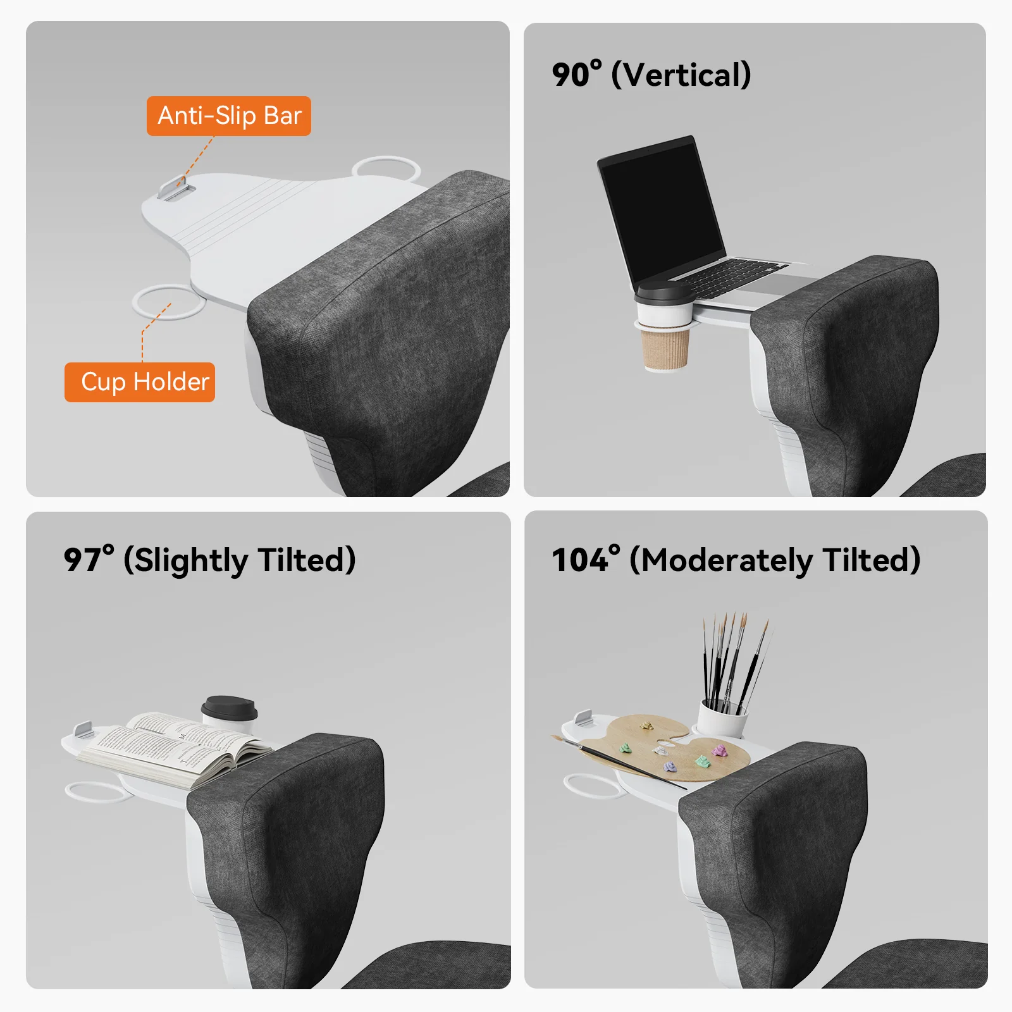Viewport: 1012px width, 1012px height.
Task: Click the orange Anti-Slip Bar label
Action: pyautogui.click(x=229, y=116)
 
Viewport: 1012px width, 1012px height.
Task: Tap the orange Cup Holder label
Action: pyautogui.click(x=140, y=382)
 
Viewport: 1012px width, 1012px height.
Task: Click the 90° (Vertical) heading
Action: pyautogui.click(x=651, y=75)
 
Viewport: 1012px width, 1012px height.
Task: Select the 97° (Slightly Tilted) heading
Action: pyautogui.click(x=209, y=560)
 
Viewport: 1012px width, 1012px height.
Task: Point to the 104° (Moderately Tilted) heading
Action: pyautogui.click(x=736, y=560)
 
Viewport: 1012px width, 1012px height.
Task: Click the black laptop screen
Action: pyautogui.click(x=661, y=211)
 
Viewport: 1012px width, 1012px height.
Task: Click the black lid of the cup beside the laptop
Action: pyautogui.click(x=664, y=294)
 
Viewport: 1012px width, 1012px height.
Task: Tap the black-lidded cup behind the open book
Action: pyautogui.click(x=230, y=713)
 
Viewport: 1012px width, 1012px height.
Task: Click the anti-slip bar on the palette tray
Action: pyautogui.click(x=583, y=719)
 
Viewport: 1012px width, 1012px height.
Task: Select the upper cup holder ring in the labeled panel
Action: pyautogui.click(x=386, y=168)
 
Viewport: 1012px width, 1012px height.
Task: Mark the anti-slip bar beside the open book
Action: pyautogui.click(x=84, y=729)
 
